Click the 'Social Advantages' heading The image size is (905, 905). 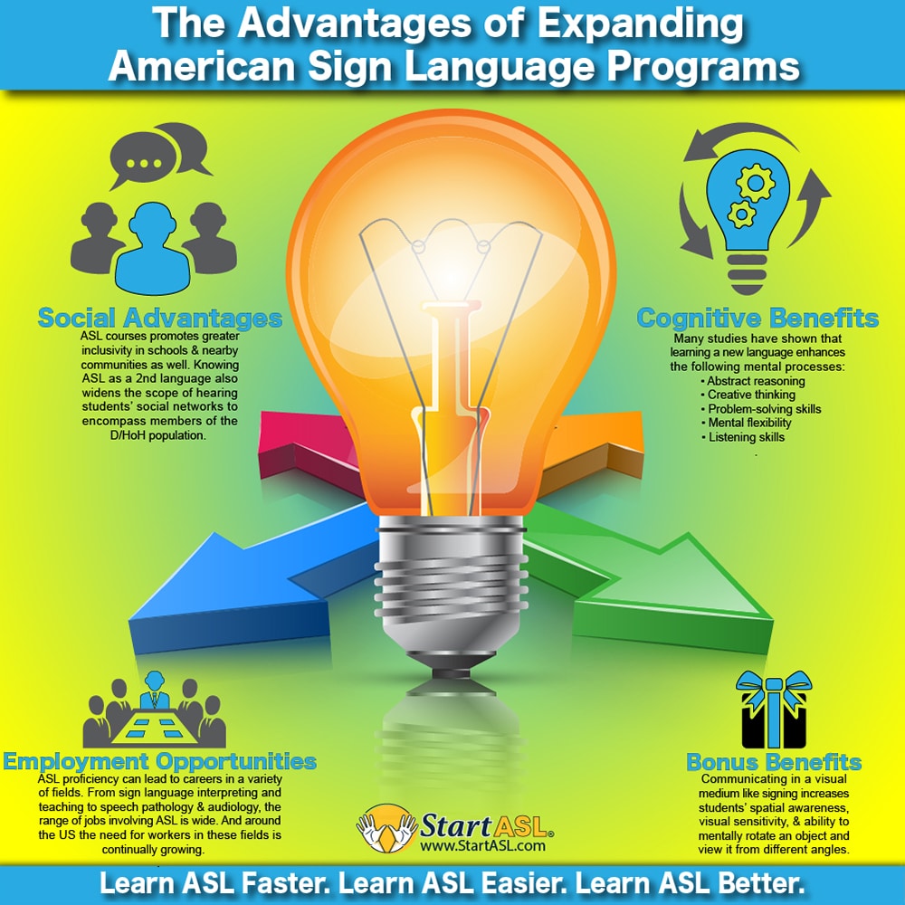click(x=159, y=319)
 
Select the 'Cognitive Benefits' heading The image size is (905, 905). click(x=757, y=319)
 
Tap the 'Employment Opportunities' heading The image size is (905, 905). click(x=159, y=761)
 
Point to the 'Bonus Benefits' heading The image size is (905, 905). click(x=774, y=761)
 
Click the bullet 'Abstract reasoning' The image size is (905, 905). click(x=750, y=381)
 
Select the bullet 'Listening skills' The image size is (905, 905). click(x=746, y=437)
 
